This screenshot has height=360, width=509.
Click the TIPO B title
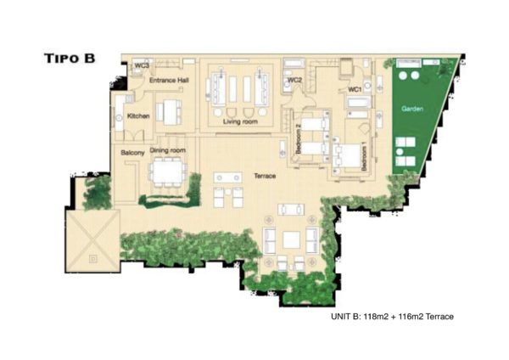(70, 58)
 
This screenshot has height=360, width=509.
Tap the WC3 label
(142, 65)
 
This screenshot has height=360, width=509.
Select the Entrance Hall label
(169, 80)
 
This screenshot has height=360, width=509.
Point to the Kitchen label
(138, 115)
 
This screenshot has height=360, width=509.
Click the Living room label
(240, 121)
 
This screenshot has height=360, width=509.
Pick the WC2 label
(295, 80)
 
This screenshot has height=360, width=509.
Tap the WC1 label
(355, 89)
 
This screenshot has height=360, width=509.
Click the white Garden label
(412, 109)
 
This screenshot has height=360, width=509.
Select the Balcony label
(132, 152)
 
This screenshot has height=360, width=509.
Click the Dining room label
(167, 150)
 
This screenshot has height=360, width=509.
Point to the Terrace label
(265, 176)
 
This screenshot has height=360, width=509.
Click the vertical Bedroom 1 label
(364, 158)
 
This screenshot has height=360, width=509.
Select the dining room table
(168, 172)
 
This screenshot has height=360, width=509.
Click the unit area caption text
(392, 316)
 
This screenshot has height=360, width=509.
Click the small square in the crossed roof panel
(93, 259)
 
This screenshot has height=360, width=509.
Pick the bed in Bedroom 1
(348, 156)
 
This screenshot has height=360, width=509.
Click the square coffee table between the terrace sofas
(291, 239)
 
